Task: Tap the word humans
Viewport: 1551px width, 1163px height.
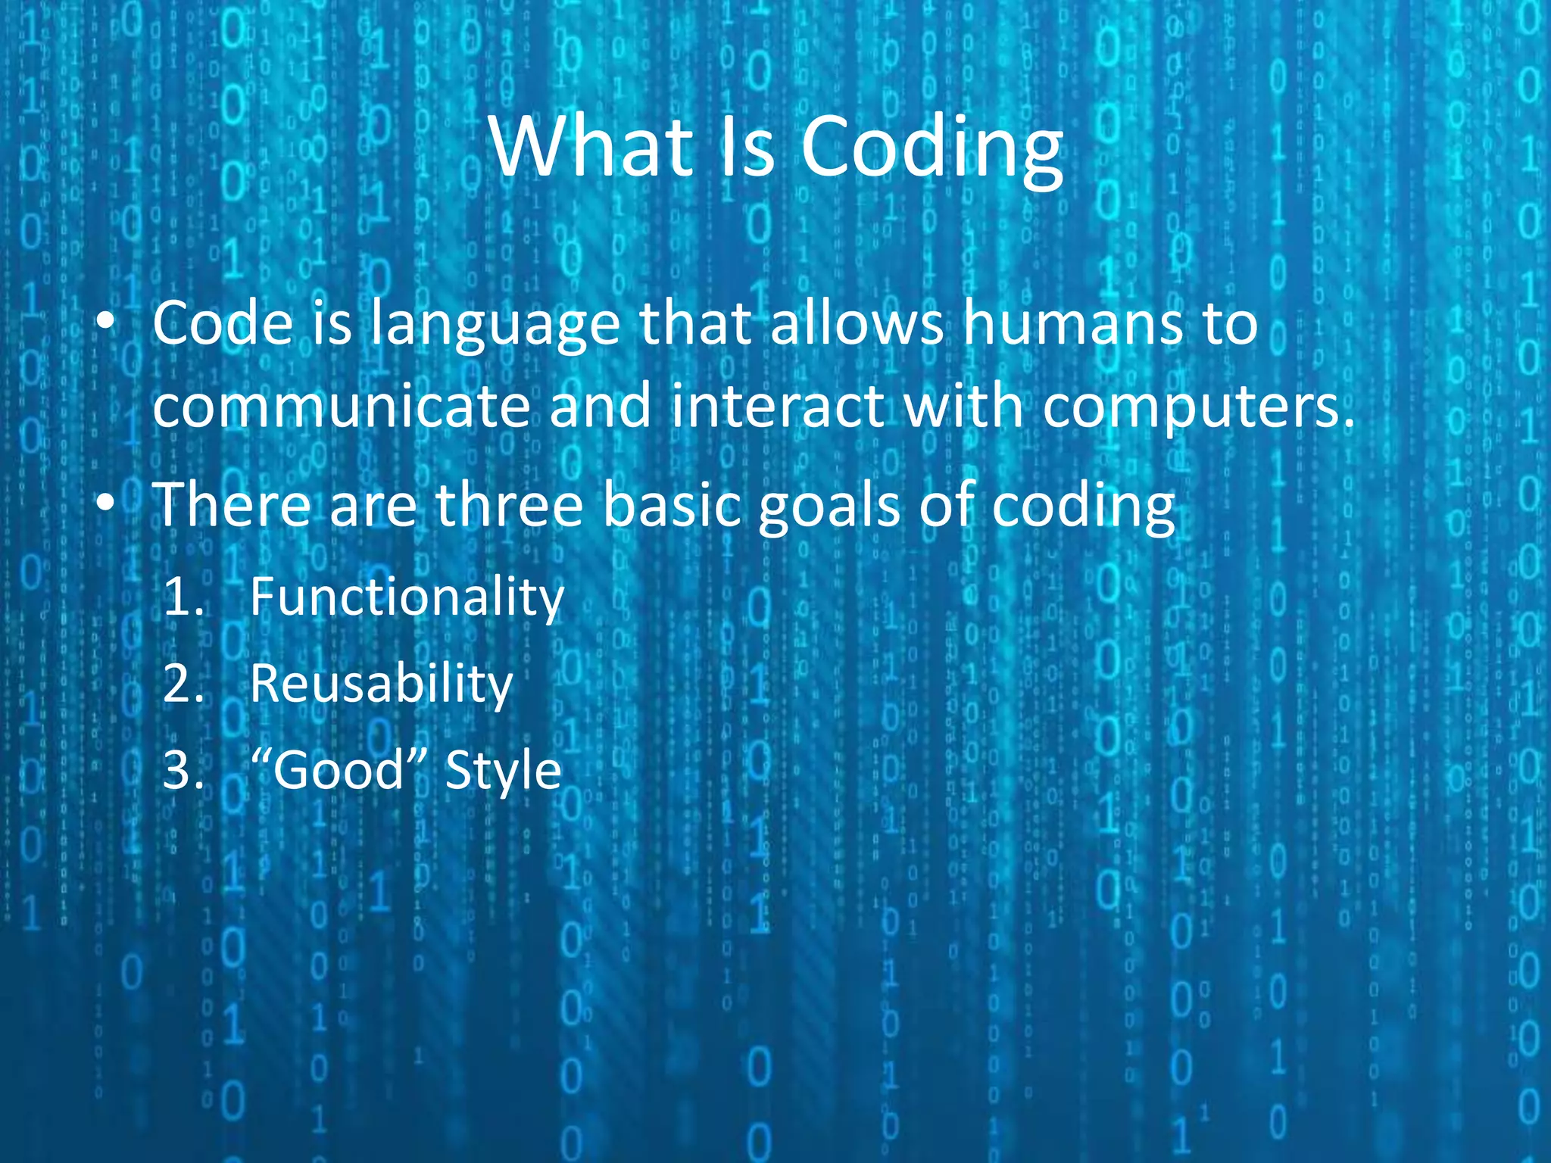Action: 1072,324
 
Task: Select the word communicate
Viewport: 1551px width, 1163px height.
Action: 342,407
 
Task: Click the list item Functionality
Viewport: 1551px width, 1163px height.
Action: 407,597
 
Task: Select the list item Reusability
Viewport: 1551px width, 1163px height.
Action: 381,684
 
